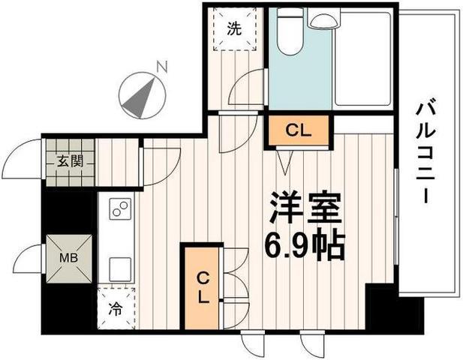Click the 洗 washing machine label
pyautogui.click(x=234, y=29)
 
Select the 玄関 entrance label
pyautogui.click(x=70, y=161)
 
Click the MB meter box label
pyautogui.click(x=68, y=258)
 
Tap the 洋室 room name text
pyautogui.click(x=306, y=208)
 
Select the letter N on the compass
pyautogui.click(x=162, y=67)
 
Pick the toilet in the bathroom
pyautogui.click(x=290, y=31)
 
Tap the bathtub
pyautogui.click(x=362, y=58)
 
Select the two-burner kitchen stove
pyautogui.click(x=120, y=208)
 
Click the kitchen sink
pyautogui.click(x=120, y=269)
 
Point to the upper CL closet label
pyautogui.click(x=299, y=130)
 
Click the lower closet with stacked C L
pyautogui.click(x=202, y=287)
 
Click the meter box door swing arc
pyautogui.click(x=27, y=259)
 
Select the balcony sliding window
pyautogui.click(x=396, y=217)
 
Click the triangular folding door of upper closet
pyautogui.click(x=285, y=162)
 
